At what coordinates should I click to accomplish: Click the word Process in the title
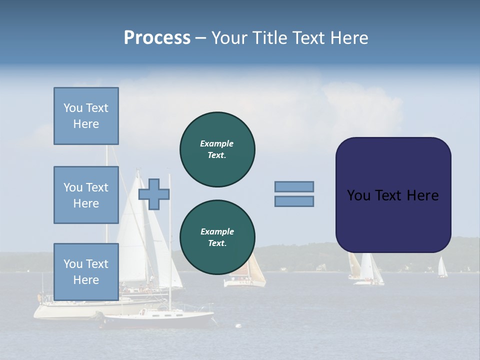157,38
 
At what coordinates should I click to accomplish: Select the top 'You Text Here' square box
86,116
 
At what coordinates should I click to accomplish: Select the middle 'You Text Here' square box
86,195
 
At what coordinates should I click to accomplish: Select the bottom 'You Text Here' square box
86,271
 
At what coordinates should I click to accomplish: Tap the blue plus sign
154,194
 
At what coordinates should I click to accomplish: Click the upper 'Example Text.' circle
217,149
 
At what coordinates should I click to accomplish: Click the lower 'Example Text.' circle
217,237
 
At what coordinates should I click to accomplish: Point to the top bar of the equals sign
294,186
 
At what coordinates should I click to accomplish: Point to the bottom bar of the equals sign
294,201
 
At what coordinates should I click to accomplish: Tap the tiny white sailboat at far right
442,268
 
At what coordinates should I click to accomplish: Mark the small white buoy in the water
238,326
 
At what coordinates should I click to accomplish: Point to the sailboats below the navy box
366,270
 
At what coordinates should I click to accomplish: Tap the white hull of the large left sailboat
65,311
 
